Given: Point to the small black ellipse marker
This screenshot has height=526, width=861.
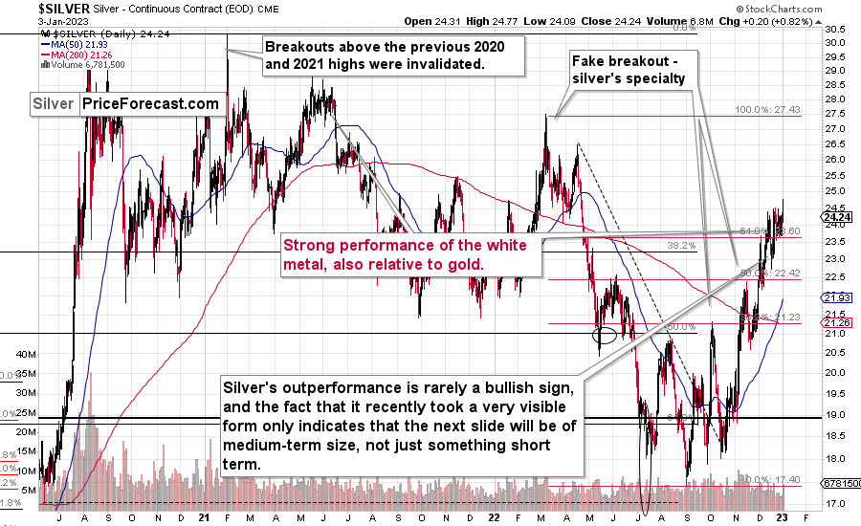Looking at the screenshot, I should click(605, 335).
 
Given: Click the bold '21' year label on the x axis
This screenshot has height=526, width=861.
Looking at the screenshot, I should click(204, 518).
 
